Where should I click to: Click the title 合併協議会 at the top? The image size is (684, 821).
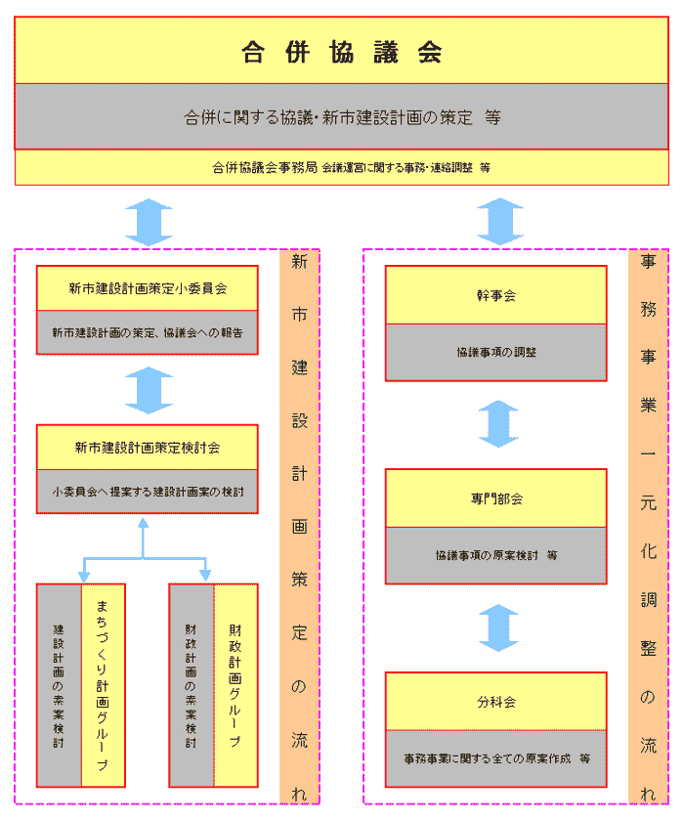click(341, 52)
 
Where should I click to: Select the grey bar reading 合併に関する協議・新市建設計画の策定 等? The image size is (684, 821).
click(341, 116)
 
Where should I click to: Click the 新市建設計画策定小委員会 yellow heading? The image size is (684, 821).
click(148, 288)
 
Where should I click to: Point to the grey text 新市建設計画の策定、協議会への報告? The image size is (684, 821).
click(148, 332)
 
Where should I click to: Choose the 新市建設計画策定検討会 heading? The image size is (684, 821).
click(148, 448)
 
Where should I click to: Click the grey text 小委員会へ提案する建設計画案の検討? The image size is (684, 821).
click(148, 492)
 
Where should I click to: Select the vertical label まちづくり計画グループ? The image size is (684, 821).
click(103, 684)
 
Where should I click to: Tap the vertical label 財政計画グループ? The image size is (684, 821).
click(235, 684)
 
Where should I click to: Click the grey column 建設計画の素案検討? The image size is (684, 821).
click(59, 684)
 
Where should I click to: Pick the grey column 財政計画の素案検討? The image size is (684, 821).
click(191, 684)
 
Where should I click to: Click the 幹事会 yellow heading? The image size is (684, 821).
click(496, 295)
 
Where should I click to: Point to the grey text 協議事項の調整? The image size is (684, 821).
click(496, 352)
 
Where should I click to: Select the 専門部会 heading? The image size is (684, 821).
click(496, 498)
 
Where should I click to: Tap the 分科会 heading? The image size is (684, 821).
click(496, 702)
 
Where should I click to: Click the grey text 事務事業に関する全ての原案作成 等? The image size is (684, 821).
click(496, 757)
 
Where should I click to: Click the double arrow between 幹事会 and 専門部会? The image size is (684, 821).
click(498, 424)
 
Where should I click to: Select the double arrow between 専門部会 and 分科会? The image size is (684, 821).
click(498, 627)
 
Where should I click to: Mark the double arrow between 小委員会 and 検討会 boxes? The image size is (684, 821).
click(149, 390)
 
